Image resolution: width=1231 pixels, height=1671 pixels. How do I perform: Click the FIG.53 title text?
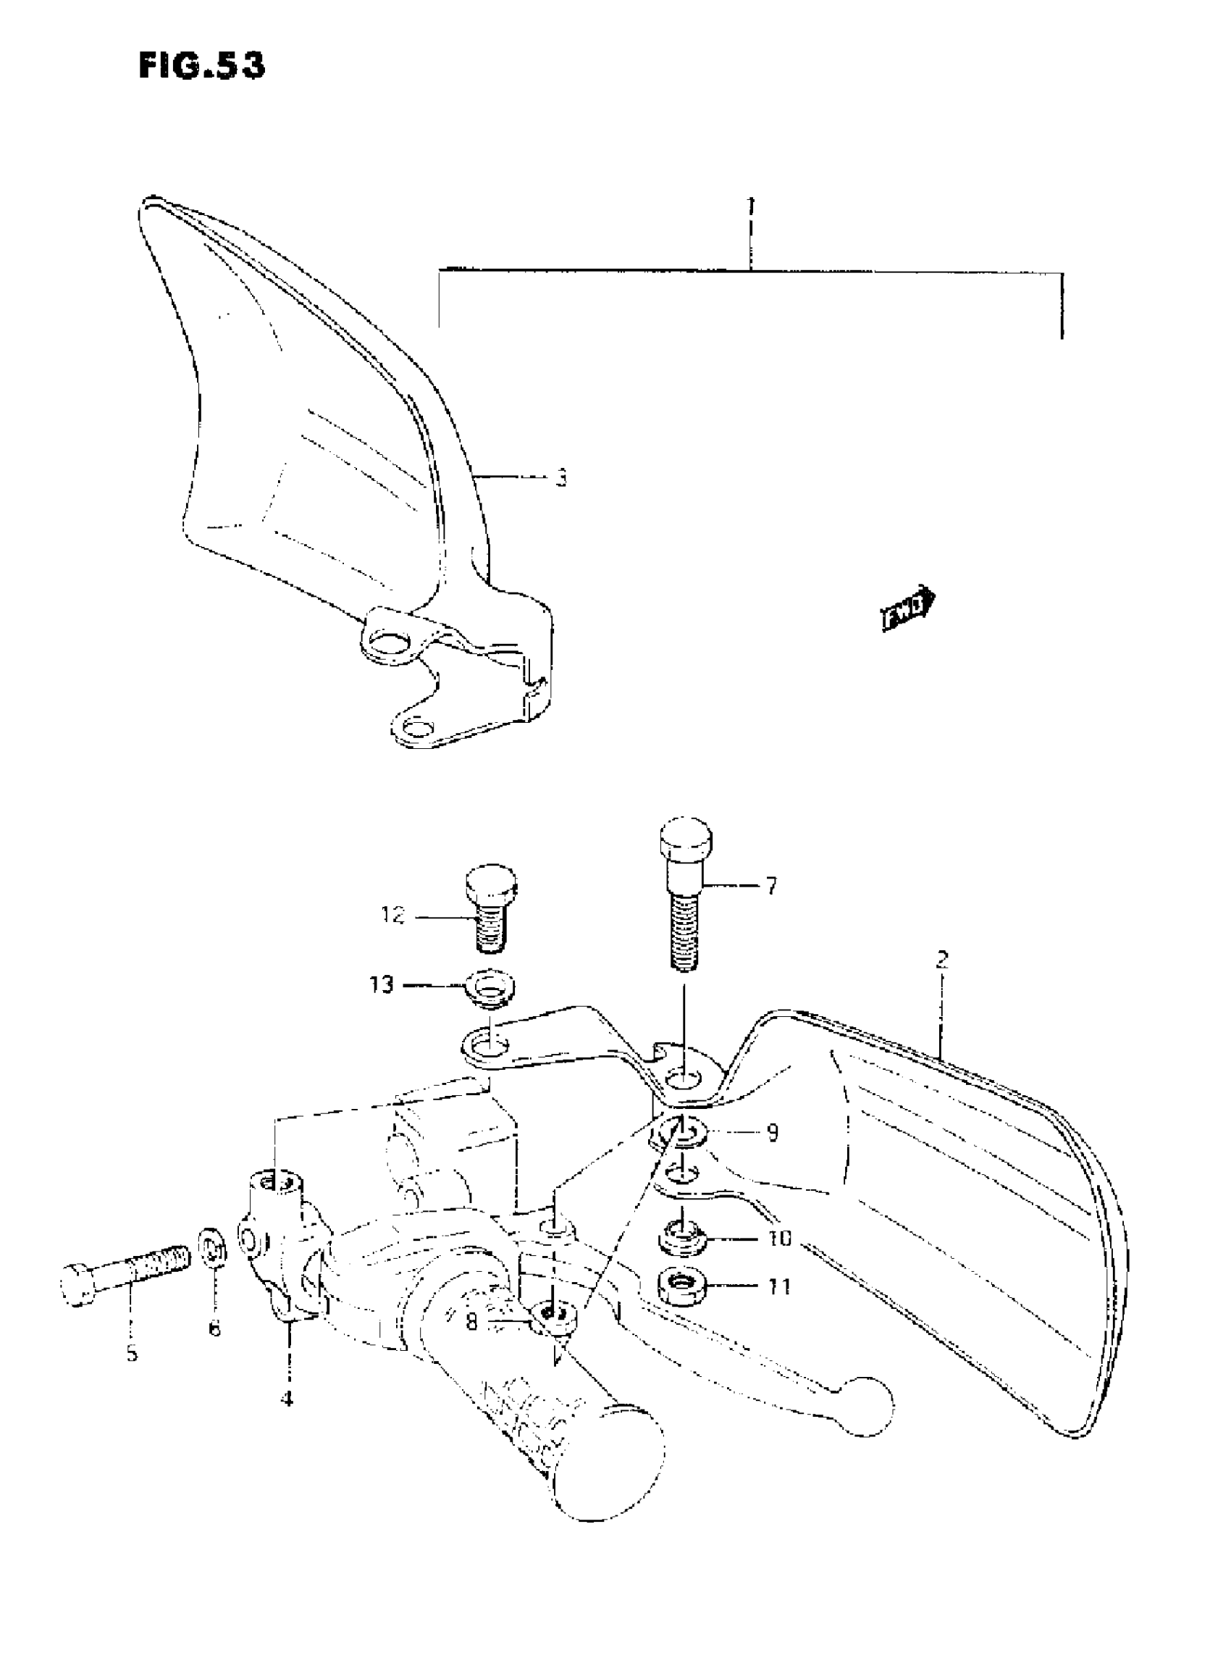[201, 67]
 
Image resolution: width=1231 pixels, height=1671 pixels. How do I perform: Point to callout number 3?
[560, 478]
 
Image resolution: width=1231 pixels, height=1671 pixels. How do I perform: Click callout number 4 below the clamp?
[287, 1399]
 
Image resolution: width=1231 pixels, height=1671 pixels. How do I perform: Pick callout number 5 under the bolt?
[132, 1354]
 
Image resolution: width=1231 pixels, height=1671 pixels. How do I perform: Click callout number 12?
[392, 916]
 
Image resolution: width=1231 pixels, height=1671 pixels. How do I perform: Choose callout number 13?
[381, 985]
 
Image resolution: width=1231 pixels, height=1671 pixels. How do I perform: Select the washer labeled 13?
[490, 989]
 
